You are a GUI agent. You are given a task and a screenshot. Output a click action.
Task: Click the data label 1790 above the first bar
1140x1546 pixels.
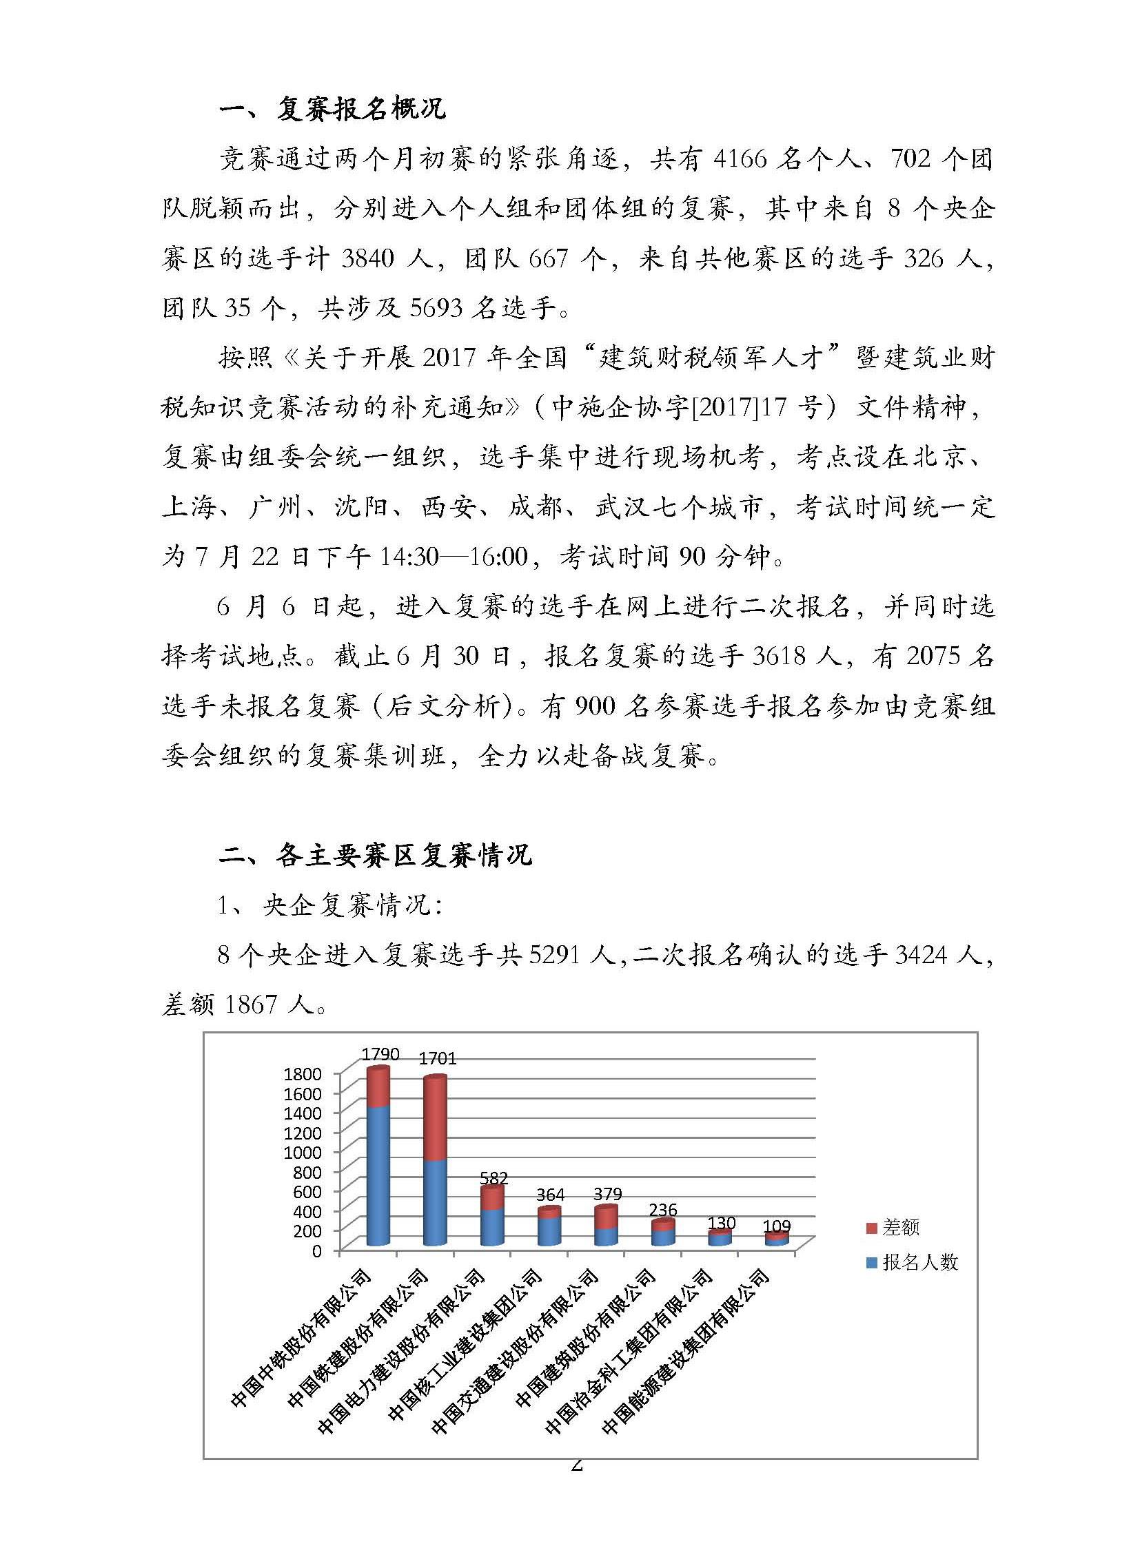pyautogui.click(x=380, y=1053)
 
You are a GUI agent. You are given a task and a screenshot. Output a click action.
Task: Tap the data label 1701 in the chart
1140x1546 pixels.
pyautogui.click(x=438, y=1058)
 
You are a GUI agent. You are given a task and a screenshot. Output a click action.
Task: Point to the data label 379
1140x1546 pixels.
pyautogui.click(x=607, y=1193)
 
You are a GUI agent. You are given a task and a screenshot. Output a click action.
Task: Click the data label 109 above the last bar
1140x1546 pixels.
pyautogui.click(x=776, y=1226)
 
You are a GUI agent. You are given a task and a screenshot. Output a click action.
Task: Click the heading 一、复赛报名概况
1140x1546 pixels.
pyautogui.click(x=332, y=109)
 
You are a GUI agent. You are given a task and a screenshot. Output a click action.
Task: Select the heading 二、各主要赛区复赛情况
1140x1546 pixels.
pyautogui.click(x=376, y=856)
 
